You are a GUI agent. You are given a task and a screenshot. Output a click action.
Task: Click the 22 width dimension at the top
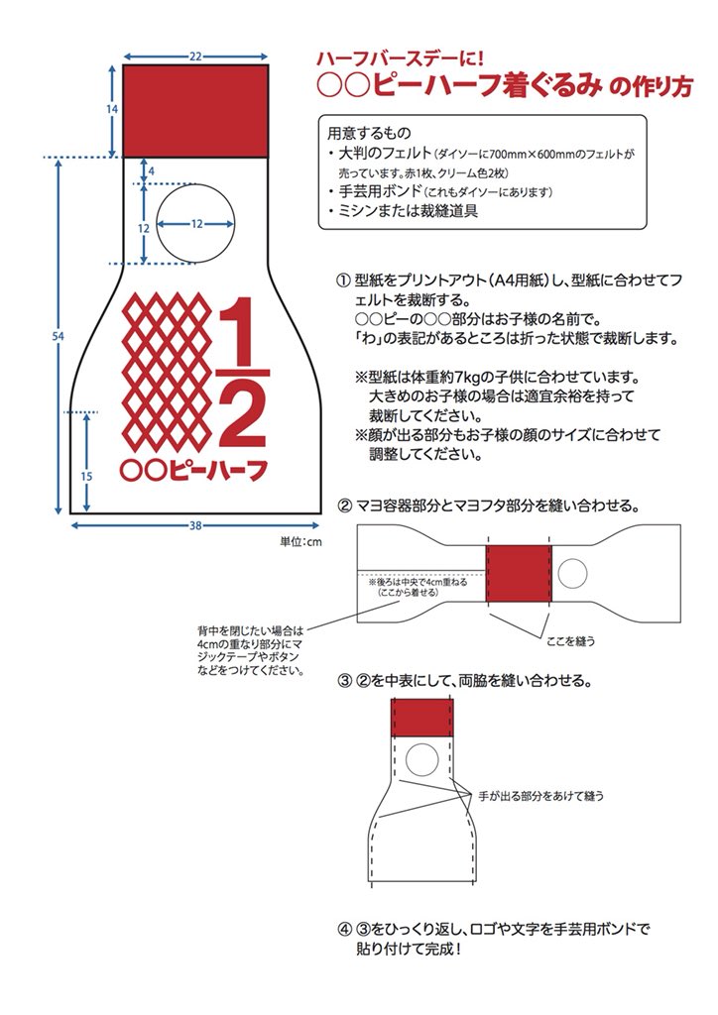[195, 56]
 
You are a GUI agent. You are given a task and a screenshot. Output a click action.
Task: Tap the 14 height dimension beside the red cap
[112, 109]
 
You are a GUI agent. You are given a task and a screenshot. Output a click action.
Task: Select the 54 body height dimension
[59, 336]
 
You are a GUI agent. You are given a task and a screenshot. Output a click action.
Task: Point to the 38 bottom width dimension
[195, 525]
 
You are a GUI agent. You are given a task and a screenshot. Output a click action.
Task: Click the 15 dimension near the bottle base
[86, 476]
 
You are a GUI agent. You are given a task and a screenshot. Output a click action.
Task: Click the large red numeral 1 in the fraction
[241, 331]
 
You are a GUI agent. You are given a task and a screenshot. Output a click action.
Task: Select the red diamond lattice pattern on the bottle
[168, 373]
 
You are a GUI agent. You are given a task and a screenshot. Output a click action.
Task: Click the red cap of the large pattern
[195, 111]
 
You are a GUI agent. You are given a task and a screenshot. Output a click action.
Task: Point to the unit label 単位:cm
[300, 541]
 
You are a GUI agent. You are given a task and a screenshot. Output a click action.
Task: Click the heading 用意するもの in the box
[369, 134]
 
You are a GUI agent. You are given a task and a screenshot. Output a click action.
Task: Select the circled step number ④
[345, 930]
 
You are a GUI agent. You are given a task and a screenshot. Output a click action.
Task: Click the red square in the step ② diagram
[518, 574]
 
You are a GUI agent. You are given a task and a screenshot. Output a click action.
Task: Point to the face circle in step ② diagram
[572, 574]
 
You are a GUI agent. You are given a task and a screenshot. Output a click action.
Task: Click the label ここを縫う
[570, 641]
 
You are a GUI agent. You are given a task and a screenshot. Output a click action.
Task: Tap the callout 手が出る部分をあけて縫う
[540, 796]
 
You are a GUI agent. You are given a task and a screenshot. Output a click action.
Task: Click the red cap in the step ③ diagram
[422, 718]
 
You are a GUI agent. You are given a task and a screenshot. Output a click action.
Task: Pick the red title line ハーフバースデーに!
[400, 58]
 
